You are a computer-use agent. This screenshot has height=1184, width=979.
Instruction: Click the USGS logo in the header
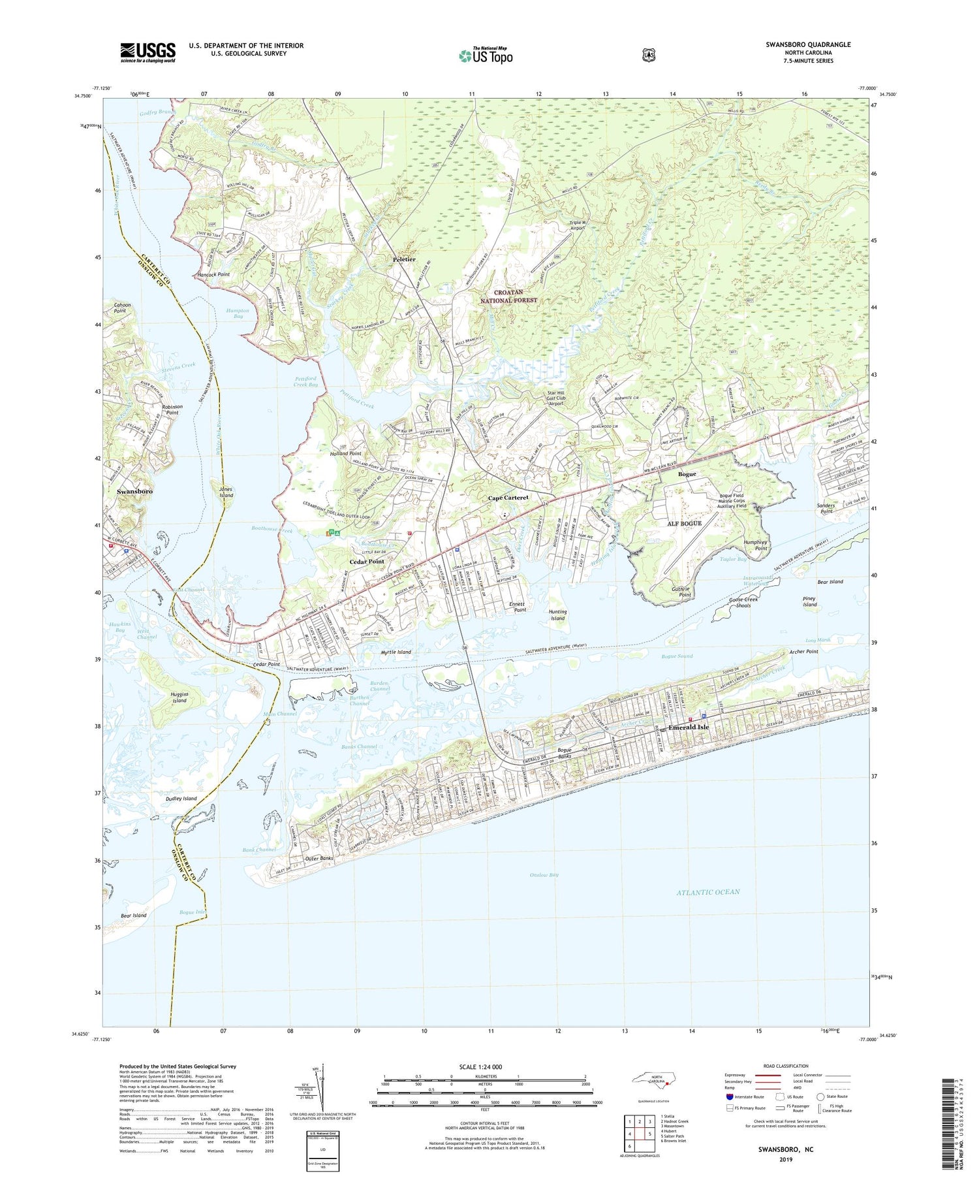pos(148,52)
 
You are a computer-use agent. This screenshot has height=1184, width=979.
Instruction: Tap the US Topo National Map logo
pos(486,55)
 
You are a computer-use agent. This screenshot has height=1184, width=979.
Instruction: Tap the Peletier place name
pos(405,259)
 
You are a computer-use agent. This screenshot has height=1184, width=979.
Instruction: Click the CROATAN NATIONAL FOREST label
pos(508,296)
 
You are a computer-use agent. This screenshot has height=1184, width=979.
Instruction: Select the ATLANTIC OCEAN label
pos(707,892)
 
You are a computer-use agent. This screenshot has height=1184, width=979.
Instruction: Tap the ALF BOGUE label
pos(684,523)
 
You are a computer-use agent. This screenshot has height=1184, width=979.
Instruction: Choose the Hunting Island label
pos(557,615)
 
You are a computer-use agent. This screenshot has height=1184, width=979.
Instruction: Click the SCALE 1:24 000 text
pos(485,1066)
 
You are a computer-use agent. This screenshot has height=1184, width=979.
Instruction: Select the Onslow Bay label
pos(544,874)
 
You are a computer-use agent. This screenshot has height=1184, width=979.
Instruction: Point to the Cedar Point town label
pos(367,562)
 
